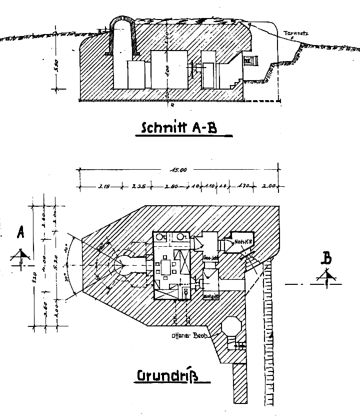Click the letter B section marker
click(x=326, y=259)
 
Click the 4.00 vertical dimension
click(x=44, y=261)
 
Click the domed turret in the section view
click(x=121, y=38)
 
